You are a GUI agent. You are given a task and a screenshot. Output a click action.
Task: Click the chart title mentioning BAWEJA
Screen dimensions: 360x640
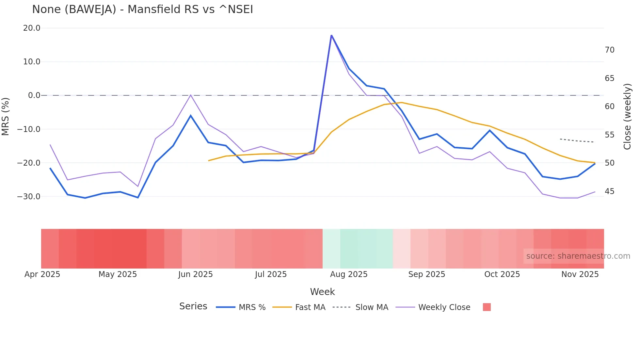142,9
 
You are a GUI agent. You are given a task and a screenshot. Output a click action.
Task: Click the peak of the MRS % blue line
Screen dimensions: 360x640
331,35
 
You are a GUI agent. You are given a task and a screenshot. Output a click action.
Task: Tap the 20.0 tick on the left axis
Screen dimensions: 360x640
32,28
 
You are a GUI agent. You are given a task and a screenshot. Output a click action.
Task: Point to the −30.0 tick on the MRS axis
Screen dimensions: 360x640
29,197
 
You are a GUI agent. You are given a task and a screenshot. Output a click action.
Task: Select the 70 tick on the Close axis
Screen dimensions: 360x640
609,50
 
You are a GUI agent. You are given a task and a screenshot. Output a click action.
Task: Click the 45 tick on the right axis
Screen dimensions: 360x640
609,191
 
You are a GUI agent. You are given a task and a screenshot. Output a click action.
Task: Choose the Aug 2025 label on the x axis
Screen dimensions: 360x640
348,274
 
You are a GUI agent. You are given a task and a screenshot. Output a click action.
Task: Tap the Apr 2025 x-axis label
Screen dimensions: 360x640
42,274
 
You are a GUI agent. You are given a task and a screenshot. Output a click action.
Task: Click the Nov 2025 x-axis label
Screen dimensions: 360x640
580,274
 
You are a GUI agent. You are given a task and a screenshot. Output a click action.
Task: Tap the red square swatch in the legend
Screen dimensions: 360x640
487,307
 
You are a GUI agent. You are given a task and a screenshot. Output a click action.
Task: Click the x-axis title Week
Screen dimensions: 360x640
322,292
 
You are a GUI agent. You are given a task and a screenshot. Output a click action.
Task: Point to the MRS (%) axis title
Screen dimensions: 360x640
6,116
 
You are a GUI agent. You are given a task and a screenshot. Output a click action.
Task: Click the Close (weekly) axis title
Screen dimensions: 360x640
627,116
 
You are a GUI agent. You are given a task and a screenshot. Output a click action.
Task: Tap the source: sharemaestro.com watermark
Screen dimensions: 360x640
578,256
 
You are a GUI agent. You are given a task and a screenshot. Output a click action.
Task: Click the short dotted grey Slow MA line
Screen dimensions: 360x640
577,141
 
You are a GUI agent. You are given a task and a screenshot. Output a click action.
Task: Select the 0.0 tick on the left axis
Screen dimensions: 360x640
34,95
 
